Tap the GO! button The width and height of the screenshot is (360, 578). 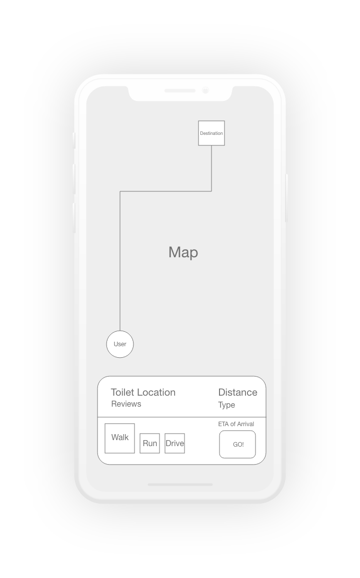click(x=237, y=444)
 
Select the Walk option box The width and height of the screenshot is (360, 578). click(x=119, y=438)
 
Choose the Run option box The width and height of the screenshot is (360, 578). click(x=150, y=443)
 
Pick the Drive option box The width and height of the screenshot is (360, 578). click(x=175, y=443)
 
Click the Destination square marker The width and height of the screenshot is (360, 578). click(x=211, y=133)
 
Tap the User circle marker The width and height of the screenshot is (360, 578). click(x=120, y=344)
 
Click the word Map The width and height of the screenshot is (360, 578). click(x=183, y=252)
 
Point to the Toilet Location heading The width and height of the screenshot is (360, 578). click(x=143, y=392)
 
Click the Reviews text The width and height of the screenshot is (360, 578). click(x=126, y=404)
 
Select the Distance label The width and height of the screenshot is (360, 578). click(x=238, y=392)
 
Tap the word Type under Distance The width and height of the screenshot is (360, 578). click(x=226, y=405)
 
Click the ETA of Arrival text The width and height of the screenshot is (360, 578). click(x=236, y=424)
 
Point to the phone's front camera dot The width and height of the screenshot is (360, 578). click(x=205, y=90)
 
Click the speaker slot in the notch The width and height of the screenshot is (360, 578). click(x=180, y=91)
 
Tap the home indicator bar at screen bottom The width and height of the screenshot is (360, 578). click(x=180, y=485)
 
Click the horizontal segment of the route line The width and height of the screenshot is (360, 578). click(x=165, y=191)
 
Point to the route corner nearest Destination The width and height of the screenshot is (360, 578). click(x=211, y=191)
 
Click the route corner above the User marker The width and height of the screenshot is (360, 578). click(x=120, y=191)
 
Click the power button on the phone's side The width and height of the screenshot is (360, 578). click(x=286, y=198)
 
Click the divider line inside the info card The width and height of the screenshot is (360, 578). click(x=181, y=417)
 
